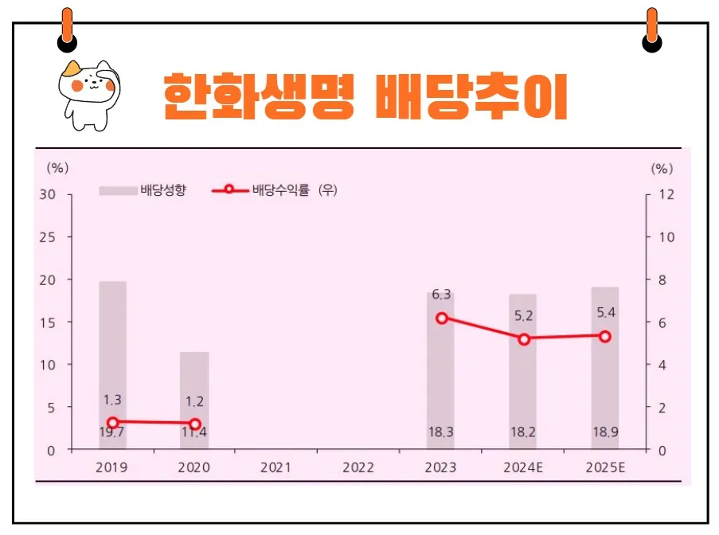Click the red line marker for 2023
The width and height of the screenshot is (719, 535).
pyautogui.click(x=442, y=318)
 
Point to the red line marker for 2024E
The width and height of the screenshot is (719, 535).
pyautogui.click(x=524, y=339)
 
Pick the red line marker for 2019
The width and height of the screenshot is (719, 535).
pyautogui.click(x=113, y=424)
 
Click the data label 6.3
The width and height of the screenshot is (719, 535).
pyautogui.click(x=442, y=295)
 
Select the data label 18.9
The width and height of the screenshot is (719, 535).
pyautogui.click(x=605, y=432)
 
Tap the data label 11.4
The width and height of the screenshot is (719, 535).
pyautogui.click(x=194, y=432)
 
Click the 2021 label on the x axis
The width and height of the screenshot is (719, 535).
pyautogui.click(x=276, y=467)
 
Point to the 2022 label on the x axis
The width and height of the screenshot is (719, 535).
pyautogui.click(x=358, y=467)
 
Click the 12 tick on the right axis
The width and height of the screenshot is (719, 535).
pyautogui.click(x=666, y=195)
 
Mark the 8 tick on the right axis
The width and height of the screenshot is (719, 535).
pyautogui.click(x=663, y=280)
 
